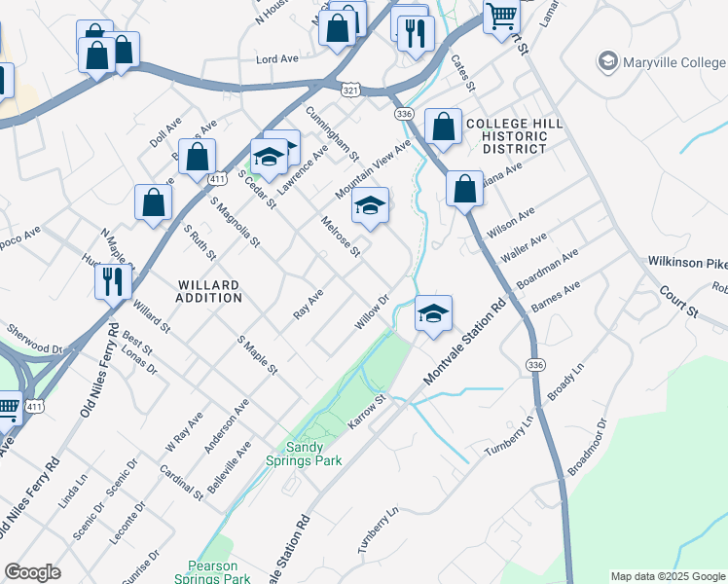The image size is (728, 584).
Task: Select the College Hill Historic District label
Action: (x=514, y=136)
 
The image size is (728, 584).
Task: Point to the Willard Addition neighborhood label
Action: (x=208, y=291)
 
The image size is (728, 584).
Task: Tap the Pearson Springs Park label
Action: (x=219, y=571)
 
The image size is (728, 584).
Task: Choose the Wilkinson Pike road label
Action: (x=686, y=263)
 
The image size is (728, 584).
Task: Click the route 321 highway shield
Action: (x=350, y=89)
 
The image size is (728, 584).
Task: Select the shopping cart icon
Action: (x=501, y=16)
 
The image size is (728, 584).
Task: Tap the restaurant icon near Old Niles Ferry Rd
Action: (x=113, y=281)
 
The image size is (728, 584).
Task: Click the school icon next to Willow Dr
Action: (x=434, y=313)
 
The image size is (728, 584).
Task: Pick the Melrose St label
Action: (x=341, y=237)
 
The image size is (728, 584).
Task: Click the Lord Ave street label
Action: (x=276, y=59)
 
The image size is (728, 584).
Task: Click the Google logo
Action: (x=32, y=572)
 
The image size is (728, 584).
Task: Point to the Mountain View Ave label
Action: (x=374, y=168)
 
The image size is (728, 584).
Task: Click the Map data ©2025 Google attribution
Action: (x=668, y=576)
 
